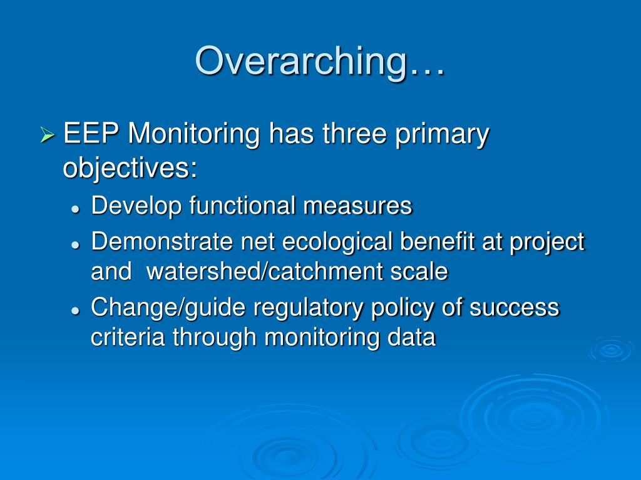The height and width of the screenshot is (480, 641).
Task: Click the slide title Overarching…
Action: tap(320, 61)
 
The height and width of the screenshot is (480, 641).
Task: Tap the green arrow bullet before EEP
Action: tap(48, 134)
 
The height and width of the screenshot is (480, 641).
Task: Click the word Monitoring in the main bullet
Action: tap(195, 134)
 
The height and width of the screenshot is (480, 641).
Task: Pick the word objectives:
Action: tap(130, 169)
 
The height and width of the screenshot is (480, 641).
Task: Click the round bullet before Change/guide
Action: tap(75, 311)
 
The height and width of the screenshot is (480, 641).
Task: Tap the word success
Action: tap(515, 307)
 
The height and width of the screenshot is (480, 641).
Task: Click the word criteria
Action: tap(128, 337)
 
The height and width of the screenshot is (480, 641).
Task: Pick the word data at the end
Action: tap(411, 337)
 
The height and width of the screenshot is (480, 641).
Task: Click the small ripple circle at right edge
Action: tap(611, 349)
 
